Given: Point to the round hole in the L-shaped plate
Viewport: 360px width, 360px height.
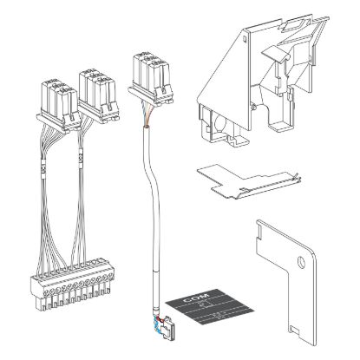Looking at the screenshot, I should [x=299, y=262].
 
